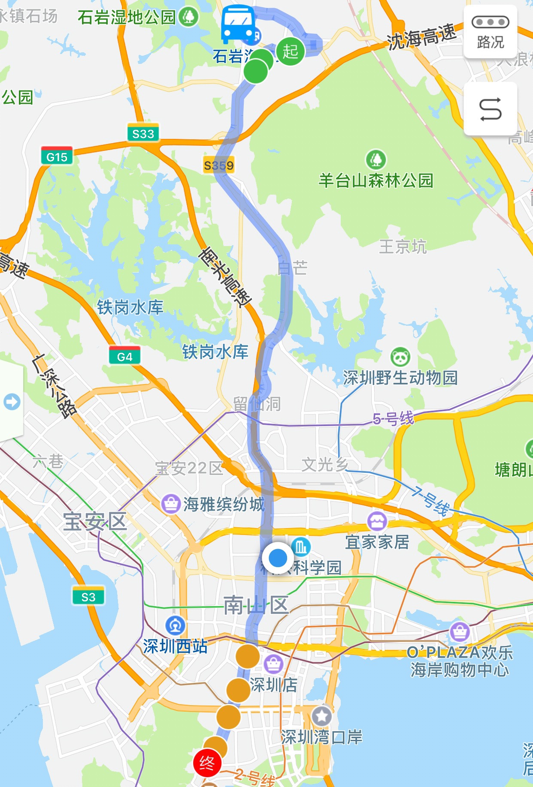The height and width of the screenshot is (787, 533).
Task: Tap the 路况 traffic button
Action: click(490, 32)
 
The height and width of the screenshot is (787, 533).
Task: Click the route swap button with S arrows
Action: click(490, 109)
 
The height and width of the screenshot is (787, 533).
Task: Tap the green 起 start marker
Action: click(291, 51)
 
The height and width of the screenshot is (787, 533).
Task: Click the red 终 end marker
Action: click(207, 763)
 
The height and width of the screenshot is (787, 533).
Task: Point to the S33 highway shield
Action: click(143, 133)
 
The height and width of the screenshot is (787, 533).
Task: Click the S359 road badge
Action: click(219, 165)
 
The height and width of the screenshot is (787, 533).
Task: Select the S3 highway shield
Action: click(88, 596)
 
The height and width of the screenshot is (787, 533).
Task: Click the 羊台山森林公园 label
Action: click(376, 180)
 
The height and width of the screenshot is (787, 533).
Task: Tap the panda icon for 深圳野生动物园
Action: click(400, 357)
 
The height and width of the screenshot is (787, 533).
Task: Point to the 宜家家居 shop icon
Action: click(377, 521)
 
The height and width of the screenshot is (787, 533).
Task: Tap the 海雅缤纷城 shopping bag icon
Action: click(171, 504)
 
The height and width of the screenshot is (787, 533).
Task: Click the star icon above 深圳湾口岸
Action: click(322, 715)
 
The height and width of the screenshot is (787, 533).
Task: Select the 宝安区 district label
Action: click(95, 522)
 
